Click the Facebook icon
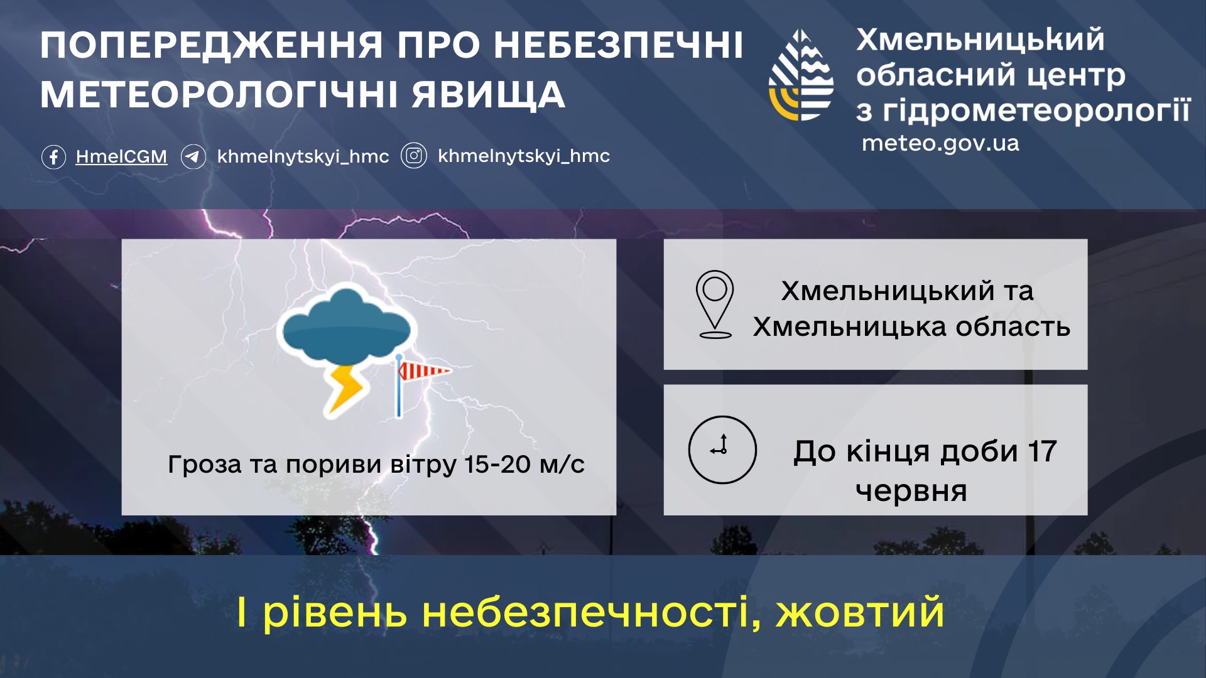pos(53,156)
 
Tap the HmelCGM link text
pos(121,156)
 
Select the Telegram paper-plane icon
pos(193,156)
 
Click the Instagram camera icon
pos(414,156)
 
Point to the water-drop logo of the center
pos(801,75)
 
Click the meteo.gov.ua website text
pos(940,144)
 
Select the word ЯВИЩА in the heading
pos(488,95)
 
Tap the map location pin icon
pos(715,303)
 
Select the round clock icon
pos(722,449)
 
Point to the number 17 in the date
pos(1042,451)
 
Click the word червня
pos(911,490)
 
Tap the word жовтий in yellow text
pos(860,612)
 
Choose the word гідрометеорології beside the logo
pos(1036,110)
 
